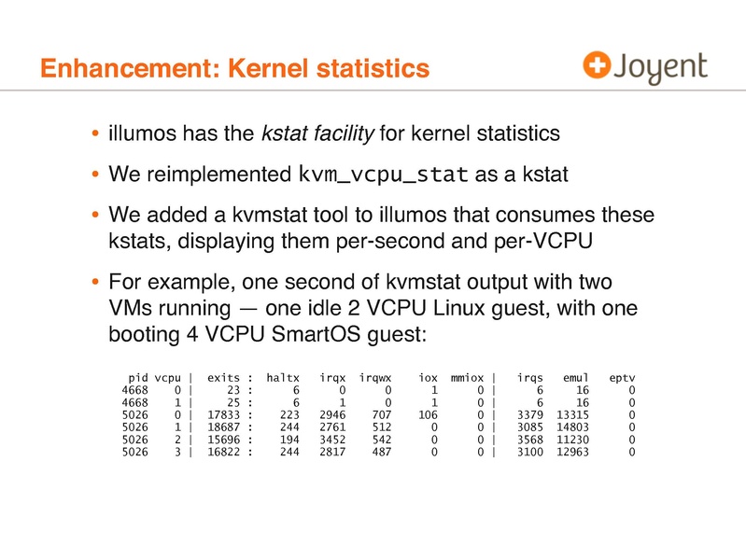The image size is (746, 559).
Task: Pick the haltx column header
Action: tap(282, 378)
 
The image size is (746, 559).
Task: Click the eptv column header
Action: tap(622, 378)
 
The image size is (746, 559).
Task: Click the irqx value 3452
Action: tap(333, 440)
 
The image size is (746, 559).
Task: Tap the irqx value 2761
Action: tap(333, 427)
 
